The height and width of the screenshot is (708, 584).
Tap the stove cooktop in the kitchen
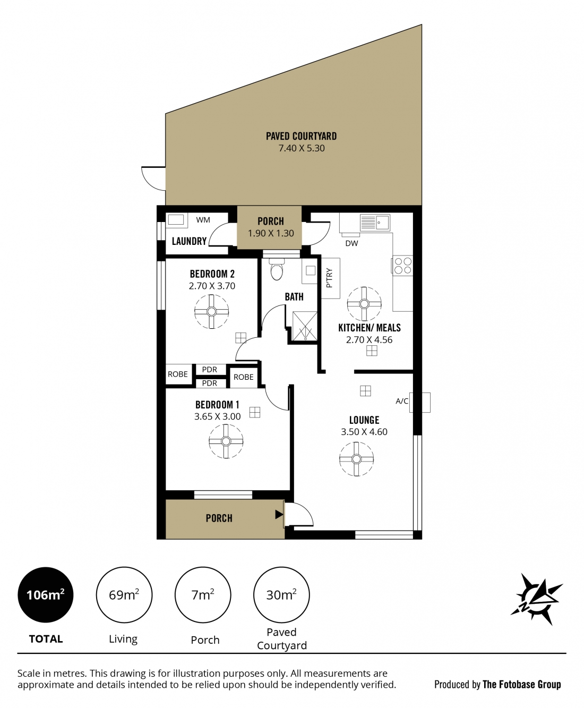[x=402, y=266]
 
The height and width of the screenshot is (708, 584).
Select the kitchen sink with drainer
[x=375, y=223]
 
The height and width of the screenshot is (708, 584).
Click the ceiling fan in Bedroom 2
[x=211, y=311]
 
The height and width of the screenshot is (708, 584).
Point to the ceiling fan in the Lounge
[x=356, y=459]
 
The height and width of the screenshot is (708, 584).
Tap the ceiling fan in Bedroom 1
[x=226, y=441]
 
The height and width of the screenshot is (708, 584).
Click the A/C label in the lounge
[x=402, y=401]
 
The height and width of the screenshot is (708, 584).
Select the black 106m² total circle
[x=46, y=595]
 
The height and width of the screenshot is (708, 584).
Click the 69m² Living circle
[x=124, y=595]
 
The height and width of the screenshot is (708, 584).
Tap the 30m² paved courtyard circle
[x=281, y=595]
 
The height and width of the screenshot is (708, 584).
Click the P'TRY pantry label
[x=329, y=278]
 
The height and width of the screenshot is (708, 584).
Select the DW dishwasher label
[x=351, y=243]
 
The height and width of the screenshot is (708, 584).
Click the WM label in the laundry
[x=203, y=220]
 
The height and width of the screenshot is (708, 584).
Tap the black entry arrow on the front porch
[x=279, y=514]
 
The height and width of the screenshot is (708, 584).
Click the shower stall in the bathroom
[x=305, y=326]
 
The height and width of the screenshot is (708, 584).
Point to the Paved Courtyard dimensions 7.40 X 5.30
[x=302, y=148]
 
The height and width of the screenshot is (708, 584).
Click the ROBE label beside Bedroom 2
[x=178, y=374]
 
